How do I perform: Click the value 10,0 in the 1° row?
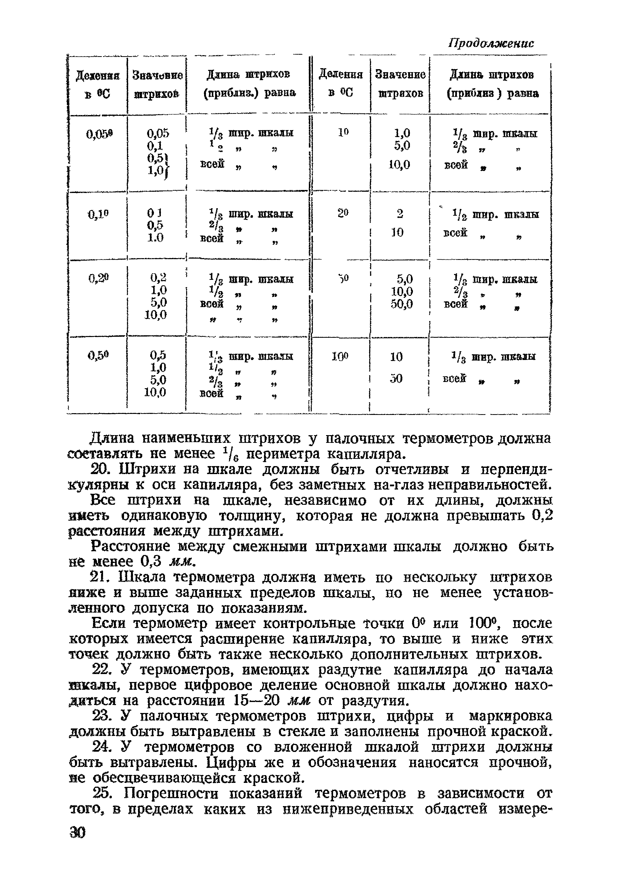pos(399,165)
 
